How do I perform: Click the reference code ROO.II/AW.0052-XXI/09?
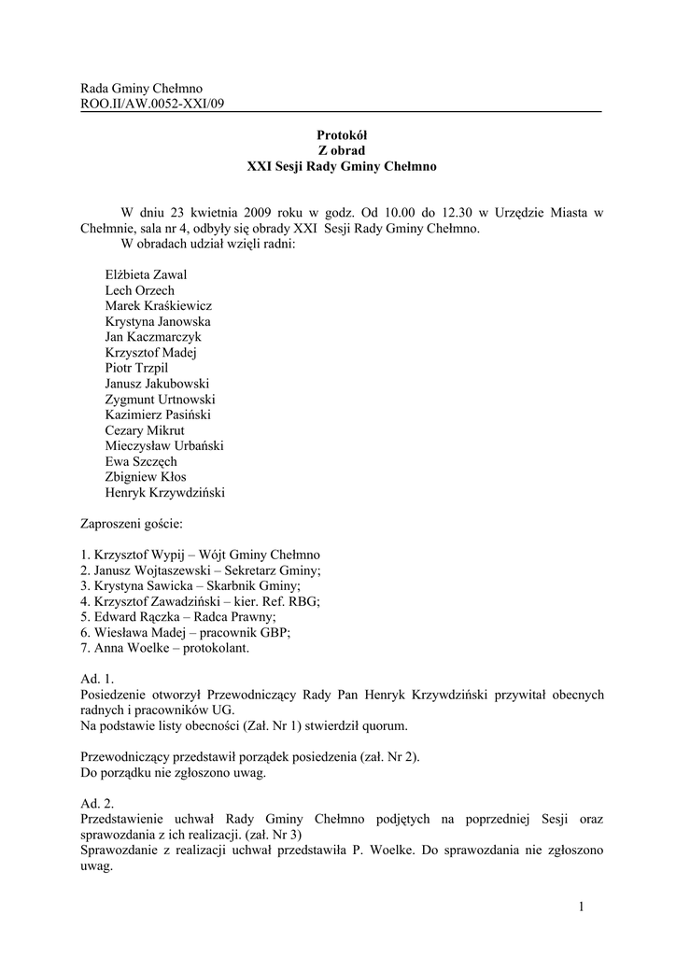click(x=153, y=104)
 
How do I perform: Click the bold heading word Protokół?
click(x=341, y=135)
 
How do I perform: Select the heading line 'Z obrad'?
click(x=341, y=151)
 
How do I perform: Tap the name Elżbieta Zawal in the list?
click(x=146, y=275)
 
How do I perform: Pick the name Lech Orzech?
click(x=139, y=290)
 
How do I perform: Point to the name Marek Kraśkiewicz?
click(x=159, y=306)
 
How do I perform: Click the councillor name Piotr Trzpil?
click(x=136, y=368)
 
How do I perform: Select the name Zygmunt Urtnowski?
click(x=160, y=400)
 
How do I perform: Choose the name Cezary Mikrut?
click(x=145, y=430)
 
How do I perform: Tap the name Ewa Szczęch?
click(x=141, y=461)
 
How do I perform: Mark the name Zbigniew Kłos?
click(x=146, y=477)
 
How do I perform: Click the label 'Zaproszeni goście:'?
click(x=132, y=525)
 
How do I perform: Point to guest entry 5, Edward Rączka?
click(x=178, y=617)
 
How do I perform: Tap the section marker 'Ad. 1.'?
click(x=97, y=680)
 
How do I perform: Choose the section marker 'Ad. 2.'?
click(x=97, y=804)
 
